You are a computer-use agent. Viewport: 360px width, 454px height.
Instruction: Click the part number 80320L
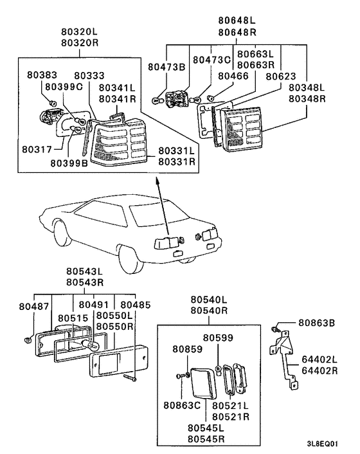80,32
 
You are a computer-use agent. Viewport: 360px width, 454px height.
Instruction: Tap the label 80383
42,75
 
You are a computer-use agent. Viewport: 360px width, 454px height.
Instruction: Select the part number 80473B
166,67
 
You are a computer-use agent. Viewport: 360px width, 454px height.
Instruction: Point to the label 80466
233,76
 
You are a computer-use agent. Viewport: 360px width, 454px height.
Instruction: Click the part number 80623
281,77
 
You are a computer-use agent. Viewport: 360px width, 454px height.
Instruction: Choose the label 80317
37,149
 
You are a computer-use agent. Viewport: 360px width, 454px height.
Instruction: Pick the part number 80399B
69,163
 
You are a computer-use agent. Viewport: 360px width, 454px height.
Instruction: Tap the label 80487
34,306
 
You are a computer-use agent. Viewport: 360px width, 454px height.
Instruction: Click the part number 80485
136,305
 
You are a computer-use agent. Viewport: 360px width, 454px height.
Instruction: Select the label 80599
218,338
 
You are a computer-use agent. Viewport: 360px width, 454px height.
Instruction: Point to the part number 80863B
316,323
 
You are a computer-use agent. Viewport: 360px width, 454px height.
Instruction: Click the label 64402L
319,359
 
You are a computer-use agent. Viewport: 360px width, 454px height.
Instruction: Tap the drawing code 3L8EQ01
322,444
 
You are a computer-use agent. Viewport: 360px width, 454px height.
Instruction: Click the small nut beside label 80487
28,340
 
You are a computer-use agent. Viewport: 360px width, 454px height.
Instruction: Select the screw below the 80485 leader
130,377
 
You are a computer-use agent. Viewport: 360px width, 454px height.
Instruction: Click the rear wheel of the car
132,261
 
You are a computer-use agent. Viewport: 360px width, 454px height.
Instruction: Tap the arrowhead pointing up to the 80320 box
157,181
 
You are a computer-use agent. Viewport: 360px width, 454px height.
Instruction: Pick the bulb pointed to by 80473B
156,100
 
